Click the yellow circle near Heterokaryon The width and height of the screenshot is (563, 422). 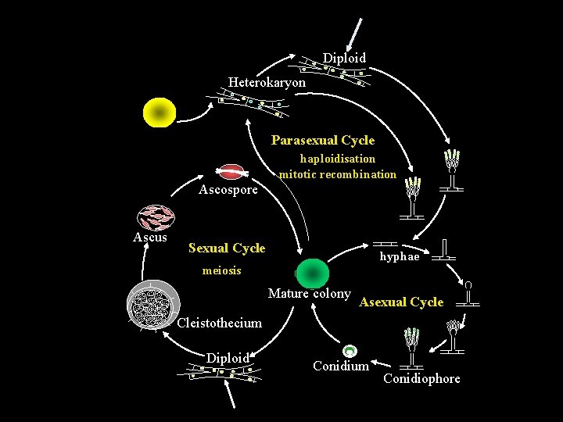160,113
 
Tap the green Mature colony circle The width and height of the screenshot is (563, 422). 314,273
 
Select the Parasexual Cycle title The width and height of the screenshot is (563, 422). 323,141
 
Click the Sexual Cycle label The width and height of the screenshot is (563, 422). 227,248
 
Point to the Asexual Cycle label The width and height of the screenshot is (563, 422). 401,302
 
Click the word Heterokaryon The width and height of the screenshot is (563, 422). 267,82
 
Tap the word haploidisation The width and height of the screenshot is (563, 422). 338,159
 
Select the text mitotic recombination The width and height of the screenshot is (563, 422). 338,174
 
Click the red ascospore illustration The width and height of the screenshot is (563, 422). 231,172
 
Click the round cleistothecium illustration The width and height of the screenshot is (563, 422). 153,304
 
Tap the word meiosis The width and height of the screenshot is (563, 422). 221,270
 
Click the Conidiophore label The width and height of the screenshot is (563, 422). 421,378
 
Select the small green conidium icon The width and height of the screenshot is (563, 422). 350,352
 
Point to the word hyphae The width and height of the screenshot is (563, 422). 400,256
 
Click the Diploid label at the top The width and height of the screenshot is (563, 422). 344,58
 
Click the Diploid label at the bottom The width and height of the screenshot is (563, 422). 228,358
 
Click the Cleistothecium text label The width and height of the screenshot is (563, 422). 220,323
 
